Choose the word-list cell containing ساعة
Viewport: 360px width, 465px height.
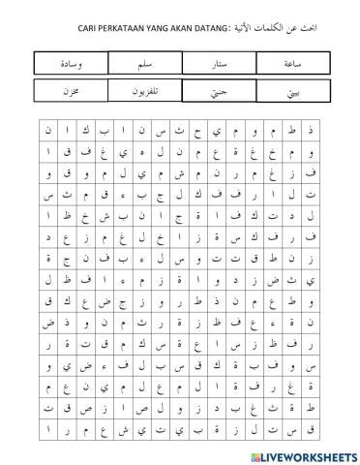[x=287, y=63]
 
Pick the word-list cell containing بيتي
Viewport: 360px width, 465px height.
[x=287, y=91]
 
